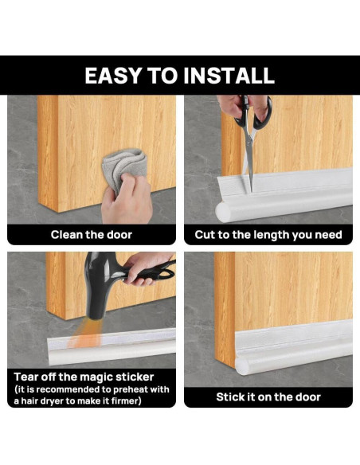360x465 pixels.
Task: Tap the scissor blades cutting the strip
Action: [249, 160]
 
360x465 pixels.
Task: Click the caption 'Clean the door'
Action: [92, 235]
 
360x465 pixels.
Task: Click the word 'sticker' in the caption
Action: [135, 377]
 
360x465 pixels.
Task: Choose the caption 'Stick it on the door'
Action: [268, 397]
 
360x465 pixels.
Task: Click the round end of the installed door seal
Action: [243, 366]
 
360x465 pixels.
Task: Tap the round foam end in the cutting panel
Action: [224, 212]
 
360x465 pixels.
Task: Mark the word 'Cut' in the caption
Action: [205, 235]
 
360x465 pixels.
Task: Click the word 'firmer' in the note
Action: [127, 401]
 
